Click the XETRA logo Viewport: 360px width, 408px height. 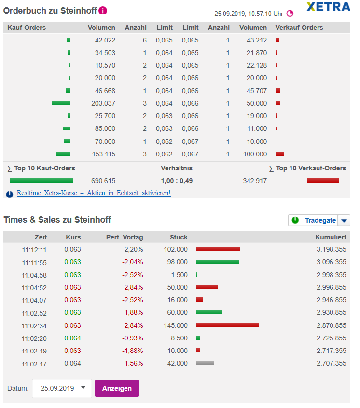(x=328, y=7)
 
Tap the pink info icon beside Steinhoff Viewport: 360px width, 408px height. (x=103, y=10)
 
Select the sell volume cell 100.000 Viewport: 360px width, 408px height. (x=255, y=154)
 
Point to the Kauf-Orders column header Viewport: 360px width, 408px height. (x=27, y=28)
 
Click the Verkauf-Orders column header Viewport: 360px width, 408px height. (x=299, y=28)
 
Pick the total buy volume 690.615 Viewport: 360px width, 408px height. (x=103, y=181)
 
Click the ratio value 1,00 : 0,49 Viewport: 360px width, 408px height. (x=176, y=181)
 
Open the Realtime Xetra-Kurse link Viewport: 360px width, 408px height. (x=93, y=193)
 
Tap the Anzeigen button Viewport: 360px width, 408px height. (x=117, y=388)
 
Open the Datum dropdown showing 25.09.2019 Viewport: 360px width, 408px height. (x=62, y=388)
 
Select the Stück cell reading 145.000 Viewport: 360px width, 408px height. (x=177, y=325)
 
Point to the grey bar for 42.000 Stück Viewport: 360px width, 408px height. (x=205, y=363)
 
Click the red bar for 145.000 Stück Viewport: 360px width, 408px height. (x=227, y=325)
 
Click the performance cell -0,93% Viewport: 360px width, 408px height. (x=133, y=338)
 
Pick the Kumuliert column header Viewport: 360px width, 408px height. (x=331, y=237)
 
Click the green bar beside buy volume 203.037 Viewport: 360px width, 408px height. (x=61, y=103)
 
